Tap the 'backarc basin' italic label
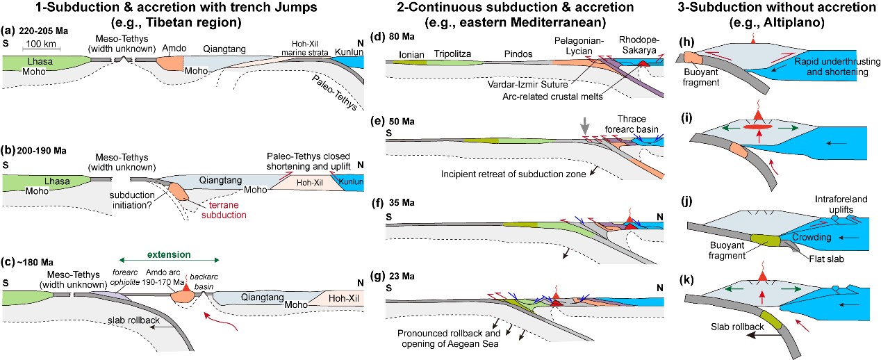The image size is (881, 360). [213, 281]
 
